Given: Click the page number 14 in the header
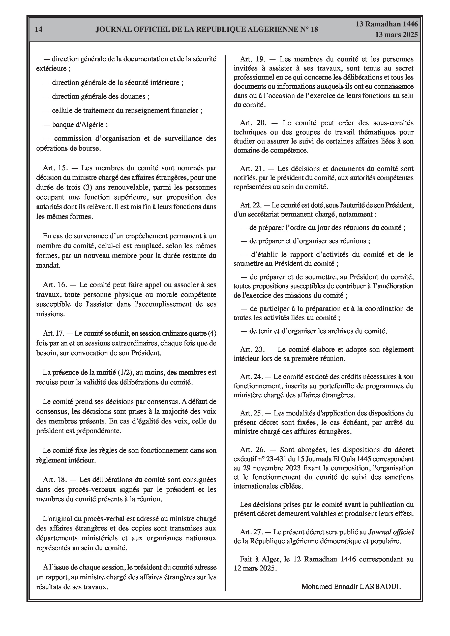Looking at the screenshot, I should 39,29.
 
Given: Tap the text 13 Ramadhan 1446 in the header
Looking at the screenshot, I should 387,24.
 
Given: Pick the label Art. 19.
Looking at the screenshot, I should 253,59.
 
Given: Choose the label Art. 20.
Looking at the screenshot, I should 253,123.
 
